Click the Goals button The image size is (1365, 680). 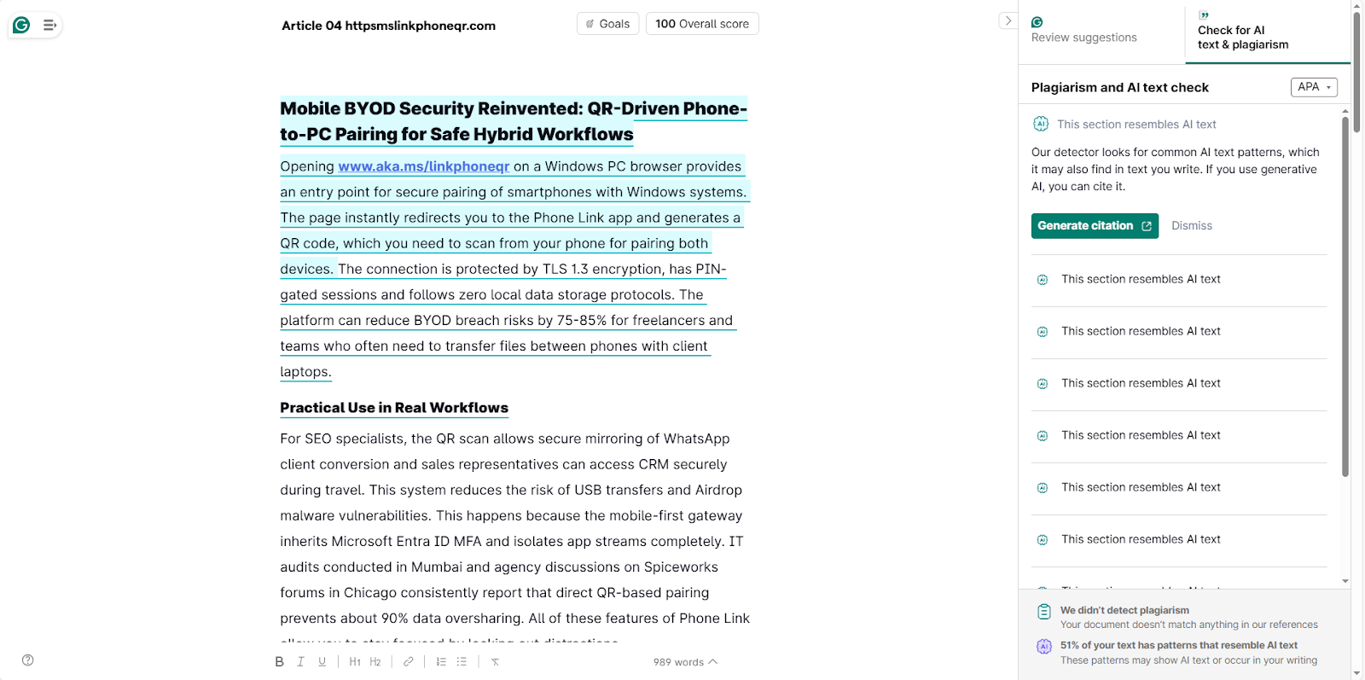pos(607,24)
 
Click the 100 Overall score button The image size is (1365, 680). pos(701,24)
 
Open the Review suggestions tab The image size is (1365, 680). pos(1083,38)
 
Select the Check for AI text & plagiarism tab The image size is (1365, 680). pos(1242,38)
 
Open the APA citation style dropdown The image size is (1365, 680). pos(1313,87)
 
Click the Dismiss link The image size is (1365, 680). pos(1191,226)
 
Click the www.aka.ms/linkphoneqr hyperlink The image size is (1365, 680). pos(423,166)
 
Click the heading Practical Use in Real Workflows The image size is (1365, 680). pos(394,408)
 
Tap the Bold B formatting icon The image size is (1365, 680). pos(279,662)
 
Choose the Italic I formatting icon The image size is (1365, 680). pos(300,662)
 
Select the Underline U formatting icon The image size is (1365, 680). pos(322,662)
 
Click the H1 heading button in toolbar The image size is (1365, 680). pos(355,662)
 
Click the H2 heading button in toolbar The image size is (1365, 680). pos(375,662)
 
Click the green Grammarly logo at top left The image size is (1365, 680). pos(21,26)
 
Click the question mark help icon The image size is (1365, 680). pos(28,660)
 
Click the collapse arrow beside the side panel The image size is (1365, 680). pos(1008,21)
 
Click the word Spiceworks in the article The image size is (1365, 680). pos(681,567)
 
